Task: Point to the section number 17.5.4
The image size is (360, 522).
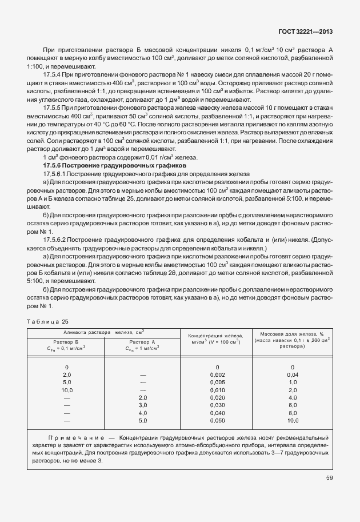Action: pos(54,75)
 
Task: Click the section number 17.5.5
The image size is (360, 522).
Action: pos(54,107)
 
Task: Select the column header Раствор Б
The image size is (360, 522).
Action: pos(66,341)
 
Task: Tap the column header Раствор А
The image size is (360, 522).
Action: pos(143,341)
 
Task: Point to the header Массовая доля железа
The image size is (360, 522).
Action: pos(292,334)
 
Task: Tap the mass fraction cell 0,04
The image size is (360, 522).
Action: pos(293,374)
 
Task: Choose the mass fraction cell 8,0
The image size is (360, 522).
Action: pos(293,412)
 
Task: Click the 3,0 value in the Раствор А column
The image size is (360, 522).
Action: pos(143,405)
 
